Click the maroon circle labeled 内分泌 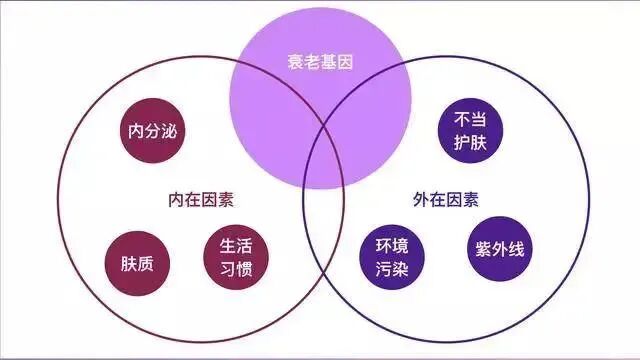152,131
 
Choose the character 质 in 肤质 146,264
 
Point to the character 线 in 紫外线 513,248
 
